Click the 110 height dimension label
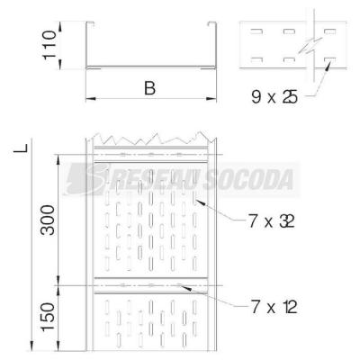49,45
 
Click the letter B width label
149,88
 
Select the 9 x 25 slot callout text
274,97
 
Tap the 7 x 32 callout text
272,222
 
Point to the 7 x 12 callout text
274,307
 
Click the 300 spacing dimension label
49,220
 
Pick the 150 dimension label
49,317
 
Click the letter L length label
22,148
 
